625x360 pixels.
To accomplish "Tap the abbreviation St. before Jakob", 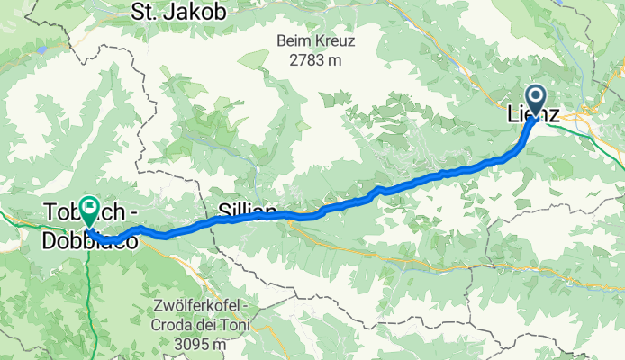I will coord(147,12).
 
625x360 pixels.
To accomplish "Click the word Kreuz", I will coord(339,41).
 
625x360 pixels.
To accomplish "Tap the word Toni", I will coord(237,325).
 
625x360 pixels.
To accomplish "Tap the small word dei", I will coord(213,325).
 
